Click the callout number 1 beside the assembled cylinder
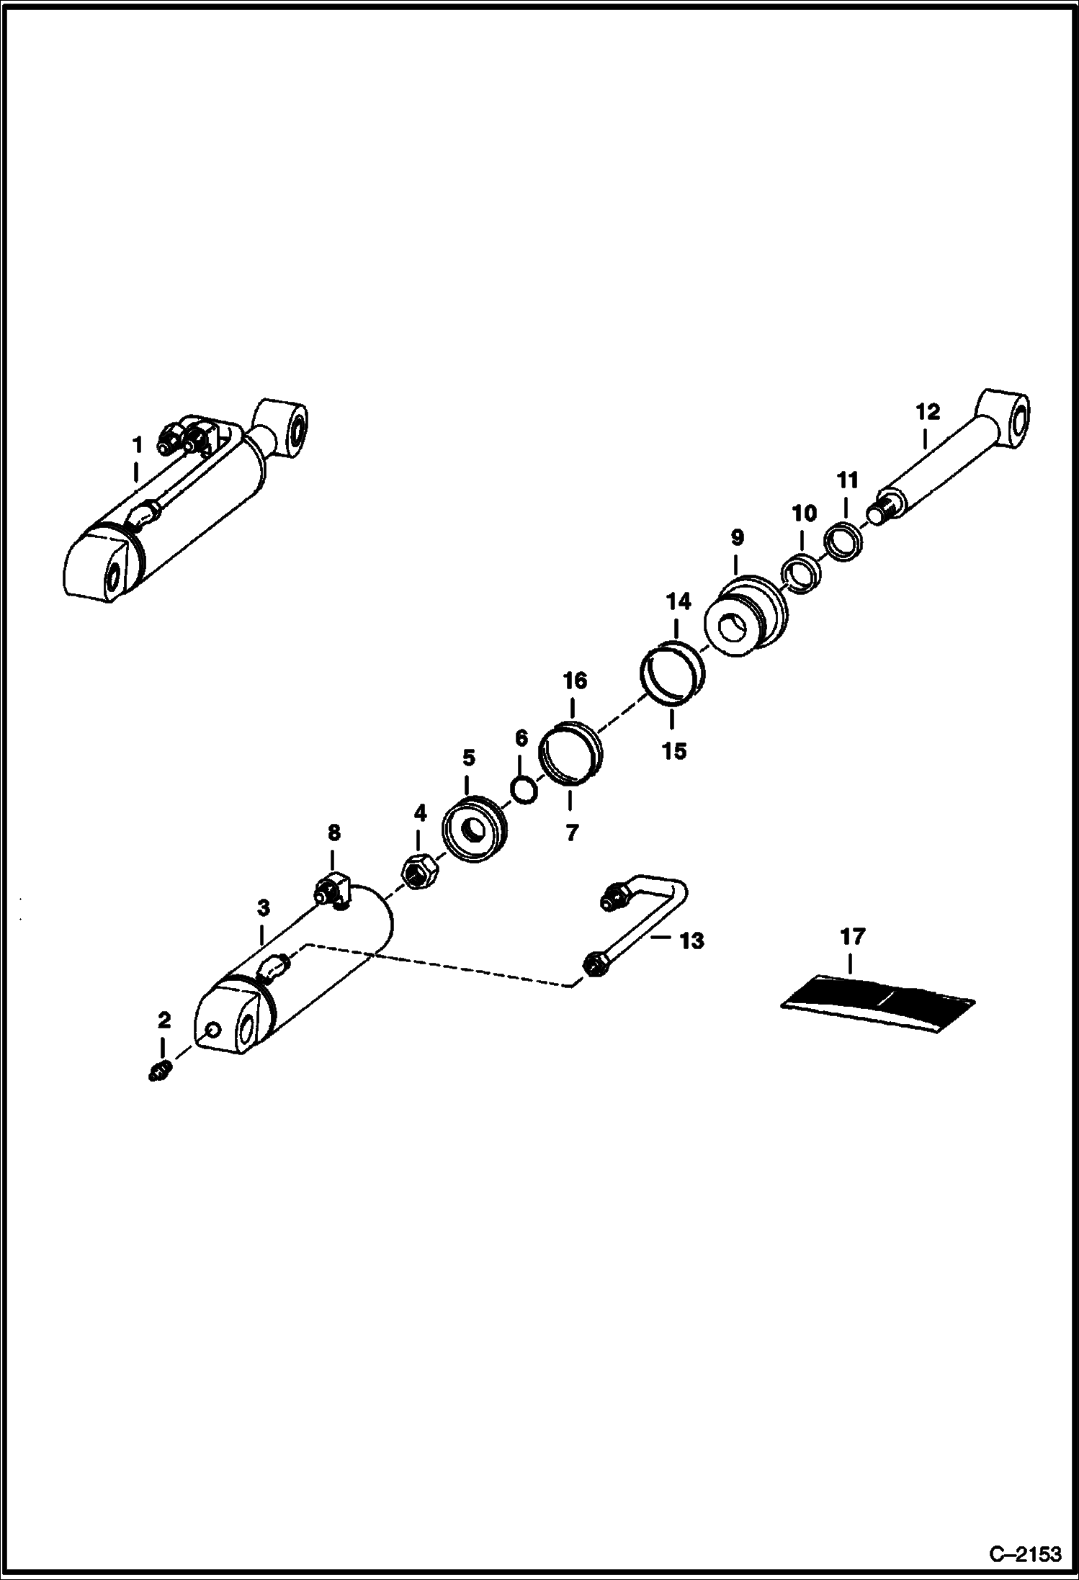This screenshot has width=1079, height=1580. click(x=137, y=445)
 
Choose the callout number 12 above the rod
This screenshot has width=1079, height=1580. click(x=928, y=413)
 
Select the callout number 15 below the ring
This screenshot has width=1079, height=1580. click(x=675, y=751)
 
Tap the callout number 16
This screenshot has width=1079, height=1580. click(x=575, y=681)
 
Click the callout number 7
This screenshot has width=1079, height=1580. click(x=571, y=833)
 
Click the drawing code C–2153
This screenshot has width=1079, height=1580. click(x=1025, y=1554)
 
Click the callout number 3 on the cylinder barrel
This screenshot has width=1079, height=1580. click(x=263, y=908)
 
